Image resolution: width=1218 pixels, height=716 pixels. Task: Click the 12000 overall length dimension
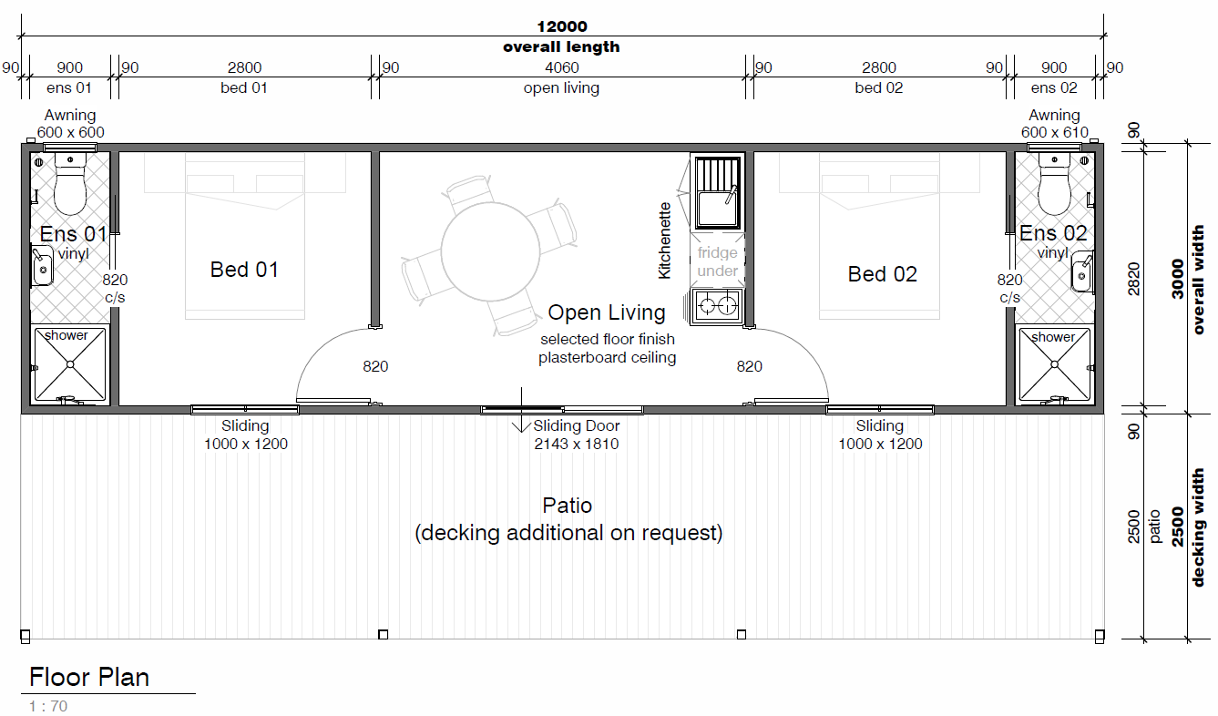click(x=562, y=26)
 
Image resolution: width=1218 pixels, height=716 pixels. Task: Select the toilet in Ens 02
click(x=1054, y=184)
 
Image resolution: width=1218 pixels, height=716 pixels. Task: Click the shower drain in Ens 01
click(x=70, y=364)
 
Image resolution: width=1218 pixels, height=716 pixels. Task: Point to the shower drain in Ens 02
click(x=1054, y=364)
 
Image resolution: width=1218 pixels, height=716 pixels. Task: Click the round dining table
click(x=490, y=251)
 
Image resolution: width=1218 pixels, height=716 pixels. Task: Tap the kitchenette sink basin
click(x=718, y=209)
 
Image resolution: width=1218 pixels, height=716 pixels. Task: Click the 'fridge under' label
click(x=717, y=261)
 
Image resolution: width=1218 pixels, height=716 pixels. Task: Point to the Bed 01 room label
click(x=244, y=270)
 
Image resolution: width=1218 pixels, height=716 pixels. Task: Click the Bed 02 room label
click(x=882, y=274)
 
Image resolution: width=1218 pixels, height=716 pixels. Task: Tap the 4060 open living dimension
click(x=562, y=67)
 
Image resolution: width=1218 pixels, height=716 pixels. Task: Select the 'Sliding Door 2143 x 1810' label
click(x=576, y=435)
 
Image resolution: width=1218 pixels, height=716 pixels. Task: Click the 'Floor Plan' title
click(x=88, y=678)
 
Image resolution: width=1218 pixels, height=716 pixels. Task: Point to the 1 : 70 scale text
click(x=48, y=706)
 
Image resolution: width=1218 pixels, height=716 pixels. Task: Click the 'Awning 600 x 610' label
click(x=1054, y=123)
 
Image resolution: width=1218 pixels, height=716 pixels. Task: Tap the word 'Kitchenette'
click(x=664, y=240)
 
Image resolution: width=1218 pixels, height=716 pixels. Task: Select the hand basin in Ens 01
click(x=43, y=266)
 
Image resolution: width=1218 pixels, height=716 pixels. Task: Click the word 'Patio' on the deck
click(x=568, y=506)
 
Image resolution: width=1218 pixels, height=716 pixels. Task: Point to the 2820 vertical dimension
click(x=1133, y=279)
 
